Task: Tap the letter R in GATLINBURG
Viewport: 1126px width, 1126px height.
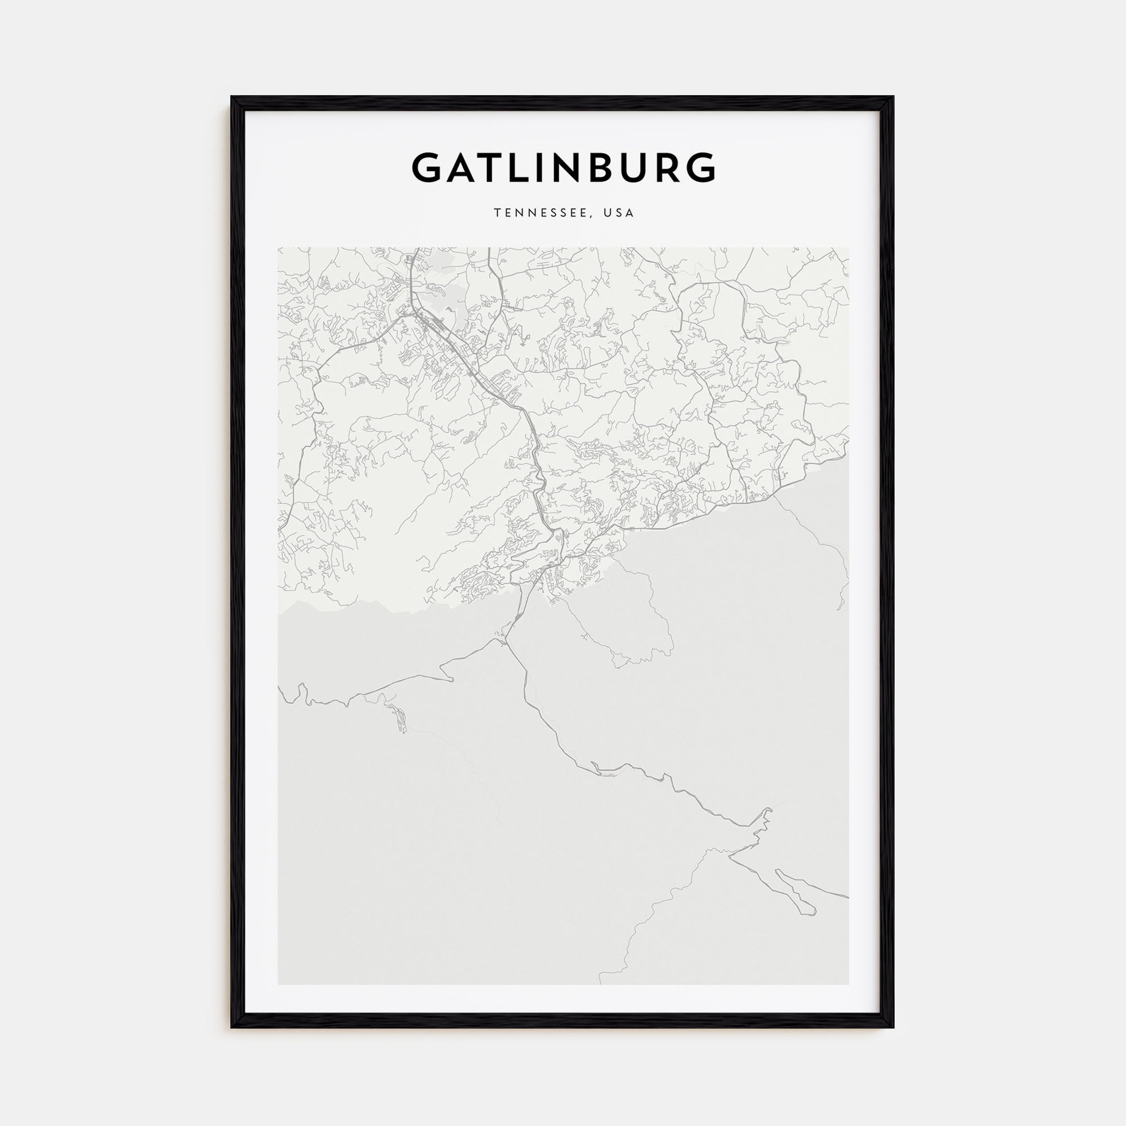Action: pyautogui.click(x=663, y=168)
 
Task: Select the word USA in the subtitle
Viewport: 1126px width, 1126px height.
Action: pyautogui.click(x=619, y=213)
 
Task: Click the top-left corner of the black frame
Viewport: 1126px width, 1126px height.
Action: pyautogui.click(x=232, y=97)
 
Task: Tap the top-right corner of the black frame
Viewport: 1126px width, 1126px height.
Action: pyautogui.click(x=893, y=97)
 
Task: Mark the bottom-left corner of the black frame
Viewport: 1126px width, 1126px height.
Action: pyautogui.click(x=232, y=1027)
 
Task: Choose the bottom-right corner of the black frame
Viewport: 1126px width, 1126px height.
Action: pyautogui.click(x=893, y=1027)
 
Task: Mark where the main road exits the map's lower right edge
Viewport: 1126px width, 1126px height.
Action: pyautogui.click(x=848, y=913)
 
